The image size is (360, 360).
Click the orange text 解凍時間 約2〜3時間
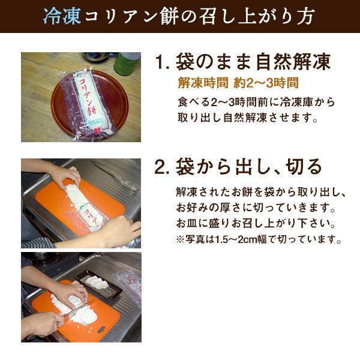[238, 83]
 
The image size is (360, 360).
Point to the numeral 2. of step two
[162, 166]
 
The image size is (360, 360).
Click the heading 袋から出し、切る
[250, 166]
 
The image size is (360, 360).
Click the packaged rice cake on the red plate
[88, 99]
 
